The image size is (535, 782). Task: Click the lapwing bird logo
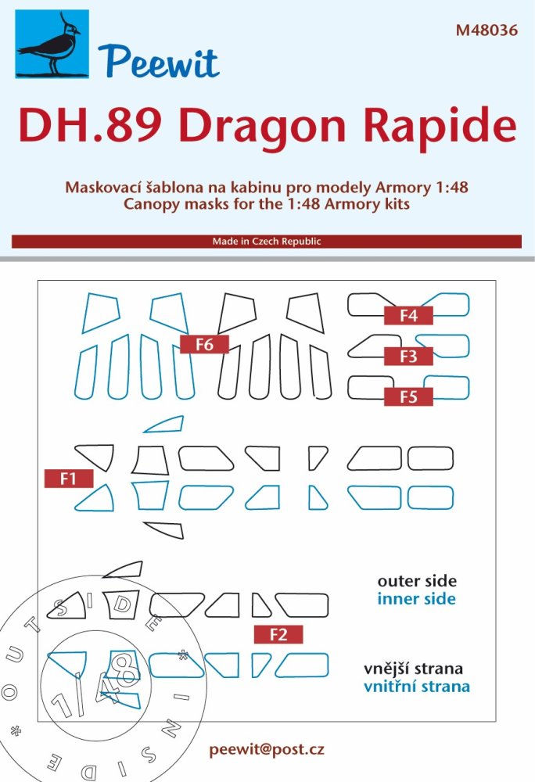coord(52,44)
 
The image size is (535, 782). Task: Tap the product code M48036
coord(487,30)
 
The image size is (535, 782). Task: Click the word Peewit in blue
coord(159,62)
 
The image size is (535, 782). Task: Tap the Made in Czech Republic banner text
coord(267,242)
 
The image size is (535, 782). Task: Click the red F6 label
coord(204,344)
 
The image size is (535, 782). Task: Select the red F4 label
coord(408,315)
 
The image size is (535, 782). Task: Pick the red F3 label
coord(408,356)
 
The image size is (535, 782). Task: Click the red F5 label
coord(408,397)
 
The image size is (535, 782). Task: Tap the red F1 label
coord(69,479)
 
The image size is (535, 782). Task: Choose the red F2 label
coord(278,634)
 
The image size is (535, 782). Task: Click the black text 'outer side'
coord(417,581)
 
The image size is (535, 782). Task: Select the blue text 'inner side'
coord(416,598)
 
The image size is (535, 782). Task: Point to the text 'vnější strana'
coord(413,669)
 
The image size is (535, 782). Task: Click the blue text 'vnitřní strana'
coord(417,687)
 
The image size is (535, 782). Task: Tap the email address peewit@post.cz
coord(267,750)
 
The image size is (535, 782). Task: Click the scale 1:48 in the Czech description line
coord(451,188)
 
